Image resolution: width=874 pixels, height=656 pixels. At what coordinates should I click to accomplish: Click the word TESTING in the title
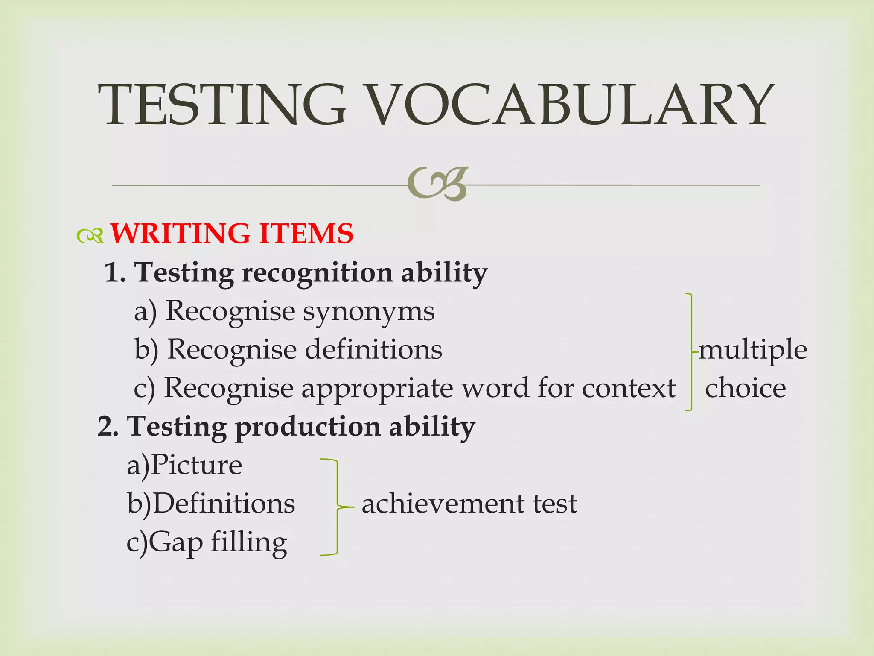pyautogui.click(x=221, y=105)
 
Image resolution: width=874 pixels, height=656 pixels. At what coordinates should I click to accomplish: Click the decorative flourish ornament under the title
pyautogui.click(x=438, y=184)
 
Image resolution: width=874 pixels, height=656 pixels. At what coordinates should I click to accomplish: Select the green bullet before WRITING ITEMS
pyautogui.click(x=90, y=235)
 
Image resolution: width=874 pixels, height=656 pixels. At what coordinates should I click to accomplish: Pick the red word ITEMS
pyautogui.click(x=306, y=234)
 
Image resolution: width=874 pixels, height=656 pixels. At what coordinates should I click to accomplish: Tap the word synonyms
pyautogui.click(x=369, y=312)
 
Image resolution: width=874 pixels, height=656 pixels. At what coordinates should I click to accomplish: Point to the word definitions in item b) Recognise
pyautogui.click(x=373, y=350)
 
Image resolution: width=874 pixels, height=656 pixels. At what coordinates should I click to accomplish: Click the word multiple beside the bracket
pyautogui.click(x=753, y=350)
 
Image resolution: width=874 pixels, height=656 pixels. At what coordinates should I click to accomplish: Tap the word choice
pyautogui.click(x=745, y=388)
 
